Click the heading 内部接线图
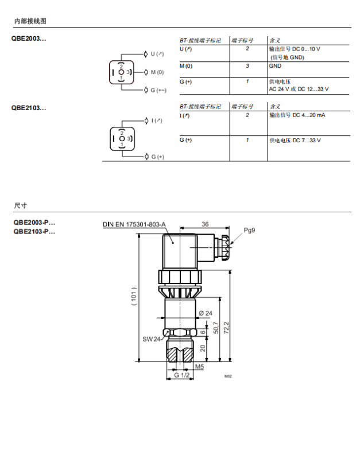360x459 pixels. coord(30,21)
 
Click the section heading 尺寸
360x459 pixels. coord(20,205)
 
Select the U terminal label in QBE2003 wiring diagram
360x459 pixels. coord(157,54)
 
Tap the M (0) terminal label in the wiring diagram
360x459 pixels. coord(157,72)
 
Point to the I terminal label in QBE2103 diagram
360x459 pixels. coord(157,120)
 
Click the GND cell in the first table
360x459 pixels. coord(275,66)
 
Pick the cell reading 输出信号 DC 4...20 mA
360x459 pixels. coord(297,115)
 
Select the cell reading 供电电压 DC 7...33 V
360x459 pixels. coord(295,140)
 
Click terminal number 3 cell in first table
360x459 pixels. coord(247,66)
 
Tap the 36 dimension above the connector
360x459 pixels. coord(205,224)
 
